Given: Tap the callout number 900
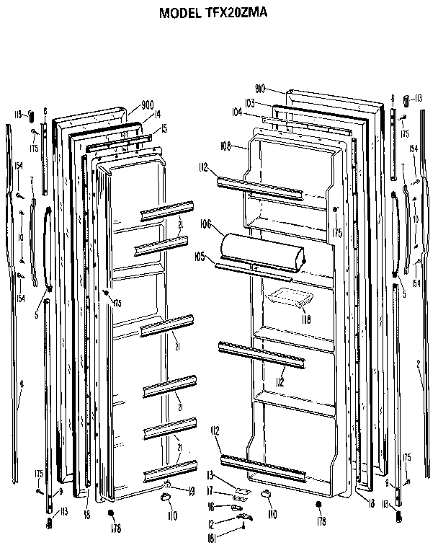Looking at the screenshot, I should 148,104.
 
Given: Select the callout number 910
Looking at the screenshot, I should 260,89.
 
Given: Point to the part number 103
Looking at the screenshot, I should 249,103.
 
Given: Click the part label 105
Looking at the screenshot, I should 200,255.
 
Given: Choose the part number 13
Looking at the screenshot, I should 210,474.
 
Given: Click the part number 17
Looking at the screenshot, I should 210,490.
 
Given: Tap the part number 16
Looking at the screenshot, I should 210,507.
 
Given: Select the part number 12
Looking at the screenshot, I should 210,522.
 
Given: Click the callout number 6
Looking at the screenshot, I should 21,385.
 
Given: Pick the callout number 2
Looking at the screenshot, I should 418,364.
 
